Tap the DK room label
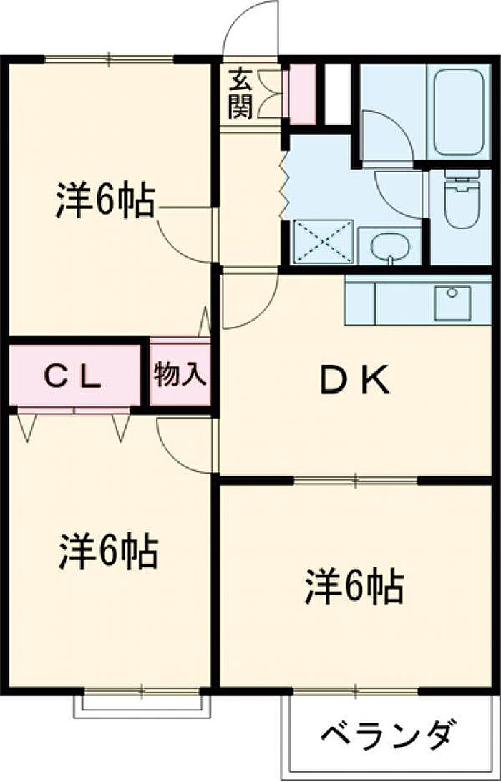click(x=354, y=381)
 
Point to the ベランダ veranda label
click(x=387, y=735)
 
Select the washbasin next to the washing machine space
click(x=390, y=248)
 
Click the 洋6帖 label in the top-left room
click(x=104, y=202)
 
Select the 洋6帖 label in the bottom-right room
click(x=355, y=587)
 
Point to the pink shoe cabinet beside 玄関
click(x=301, y=94)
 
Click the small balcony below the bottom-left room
click(x=143, y=704)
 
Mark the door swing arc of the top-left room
click(x=188, y=236)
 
